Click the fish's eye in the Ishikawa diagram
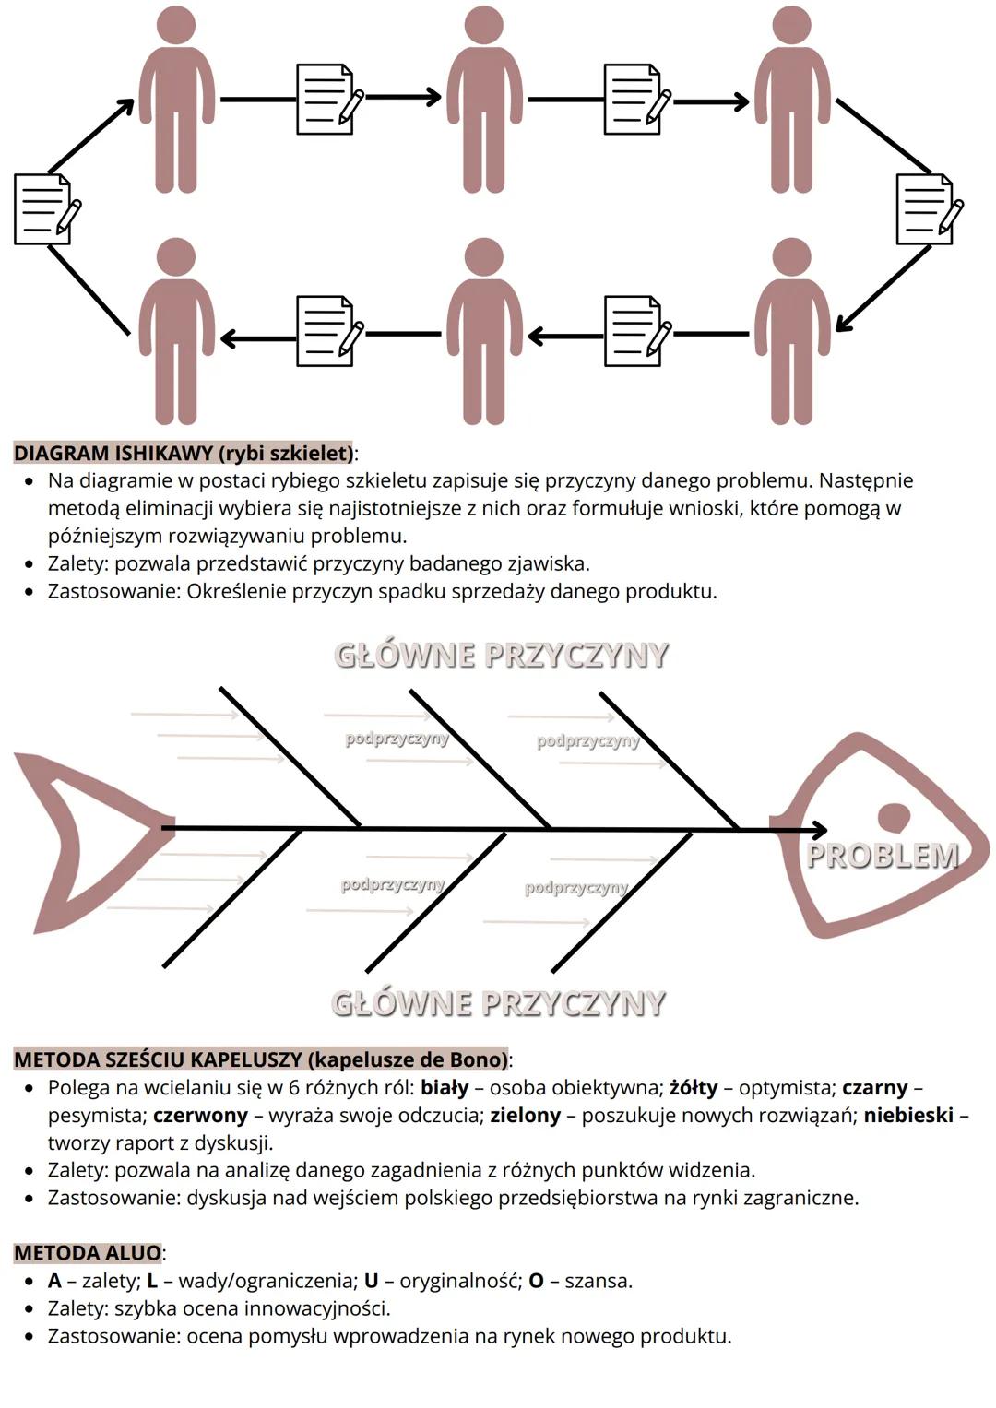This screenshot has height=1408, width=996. pos(893,816)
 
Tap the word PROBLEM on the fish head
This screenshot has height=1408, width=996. pos(883,856)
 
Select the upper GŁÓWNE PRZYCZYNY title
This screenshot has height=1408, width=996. pos(501,655)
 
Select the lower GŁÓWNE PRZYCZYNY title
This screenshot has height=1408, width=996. pos(498,1003)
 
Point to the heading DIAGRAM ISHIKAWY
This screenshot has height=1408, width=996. pos(183,453)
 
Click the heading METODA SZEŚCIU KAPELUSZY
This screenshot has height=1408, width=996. pos(261,1059)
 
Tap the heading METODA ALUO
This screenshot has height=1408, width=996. pos(88,1252)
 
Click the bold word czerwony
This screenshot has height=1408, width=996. pos(200,1115)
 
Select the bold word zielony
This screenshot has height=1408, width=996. pos(525,1115)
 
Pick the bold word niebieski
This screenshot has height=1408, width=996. pos(907,1115)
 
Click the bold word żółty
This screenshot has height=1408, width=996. pos(694,1087)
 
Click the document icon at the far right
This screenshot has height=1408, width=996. pos(926,209)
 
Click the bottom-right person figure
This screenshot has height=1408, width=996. pos(792,332)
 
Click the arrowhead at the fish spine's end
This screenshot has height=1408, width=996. pos(816,830)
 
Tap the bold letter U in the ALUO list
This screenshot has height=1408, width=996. pos(372,1281)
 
